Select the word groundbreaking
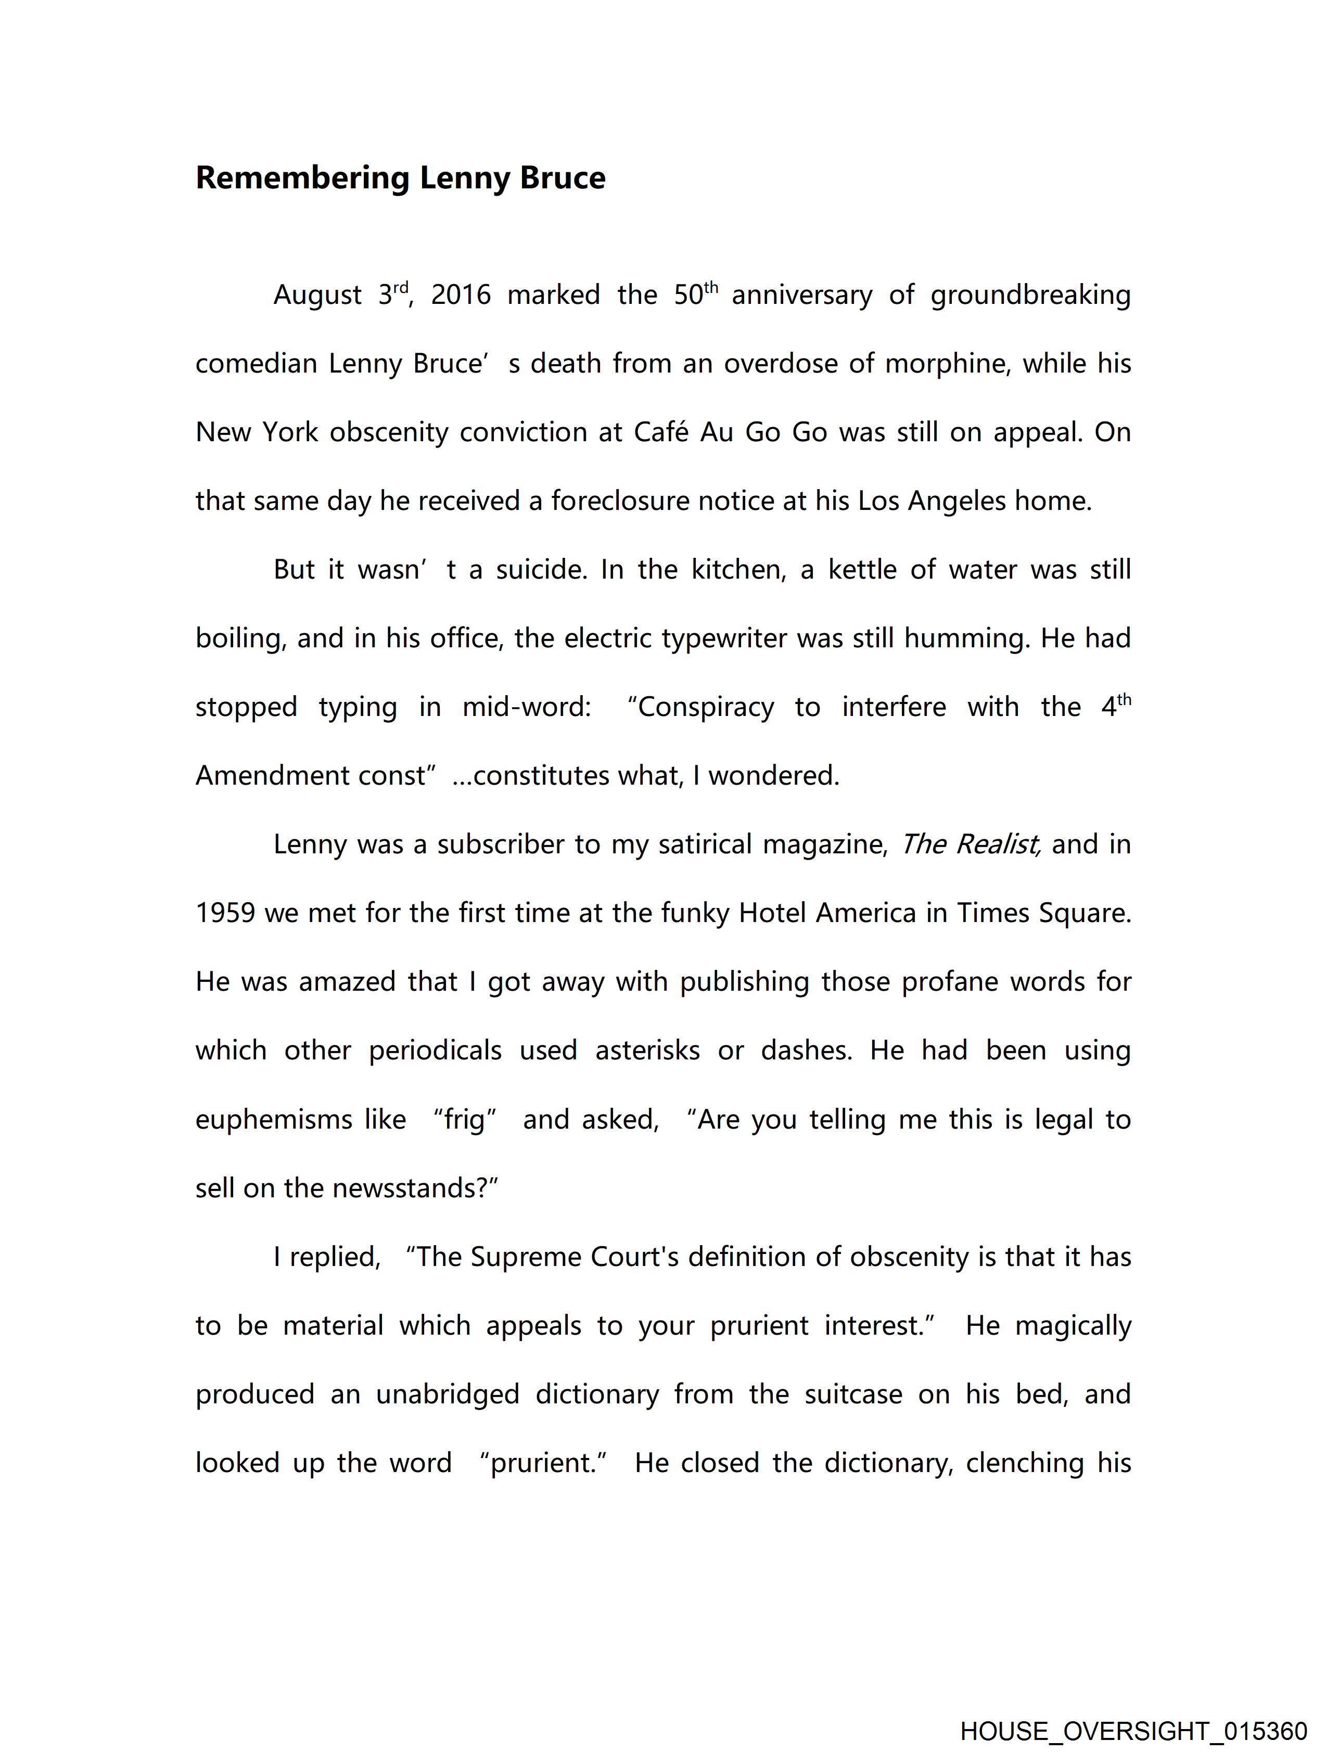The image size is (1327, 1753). pos(1030,296)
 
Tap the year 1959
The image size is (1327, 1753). pos(225,914)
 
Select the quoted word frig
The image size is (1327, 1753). pos(465,1120)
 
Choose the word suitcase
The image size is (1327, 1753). pos(853,1394)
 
